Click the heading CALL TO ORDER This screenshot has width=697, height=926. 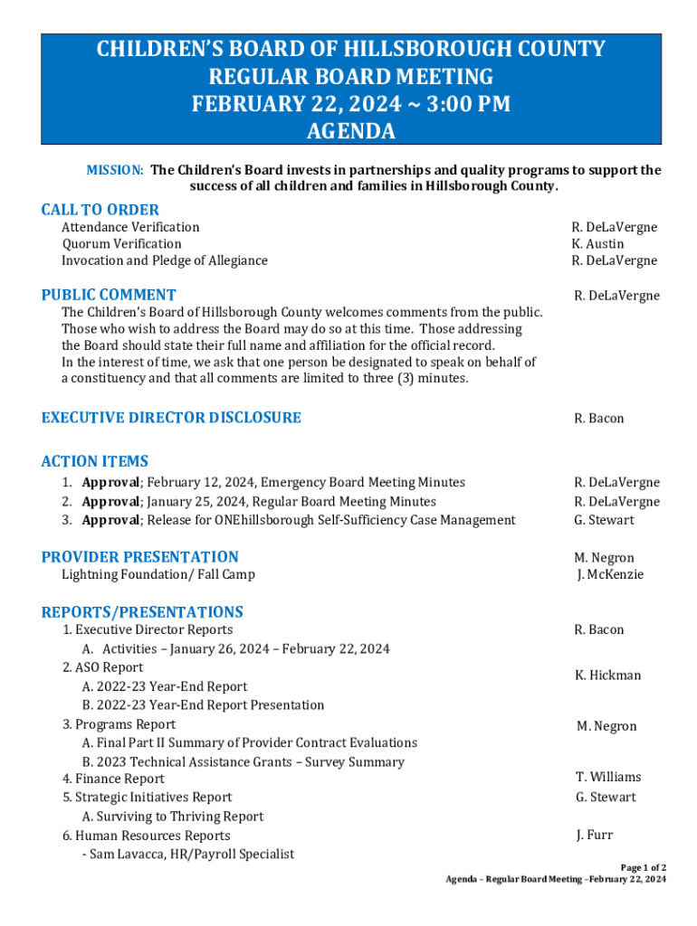click(x=100, y=210)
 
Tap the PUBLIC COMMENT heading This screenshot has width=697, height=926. click(x=109, y=295)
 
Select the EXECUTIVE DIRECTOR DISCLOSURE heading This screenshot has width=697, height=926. click(x=171, y=418)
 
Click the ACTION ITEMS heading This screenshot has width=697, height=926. click(x=95, y=461)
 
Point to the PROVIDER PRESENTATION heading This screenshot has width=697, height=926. click(x=140, y=557)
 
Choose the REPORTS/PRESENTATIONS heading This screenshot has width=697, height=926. click(x=142, y=612)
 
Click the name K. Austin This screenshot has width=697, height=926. click(x=597, y=244)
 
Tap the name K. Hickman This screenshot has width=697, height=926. click(x=607, y=676)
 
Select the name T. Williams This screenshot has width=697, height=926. click(x=608, y=777)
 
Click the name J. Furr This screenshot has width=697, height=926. click(x=594, y=836)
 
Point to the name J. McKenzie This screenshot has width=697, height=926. click(x=610, y=574)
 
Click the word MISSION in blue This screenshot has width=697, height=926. click(x=114, y=170)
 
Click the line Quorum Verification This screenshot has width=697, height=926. click(x=121, y=244)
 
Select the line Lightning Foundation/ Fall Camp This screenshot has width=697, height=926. click(x=158, y=574)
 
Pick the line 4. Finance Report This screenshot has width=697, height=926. click(x=113, y=779)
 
